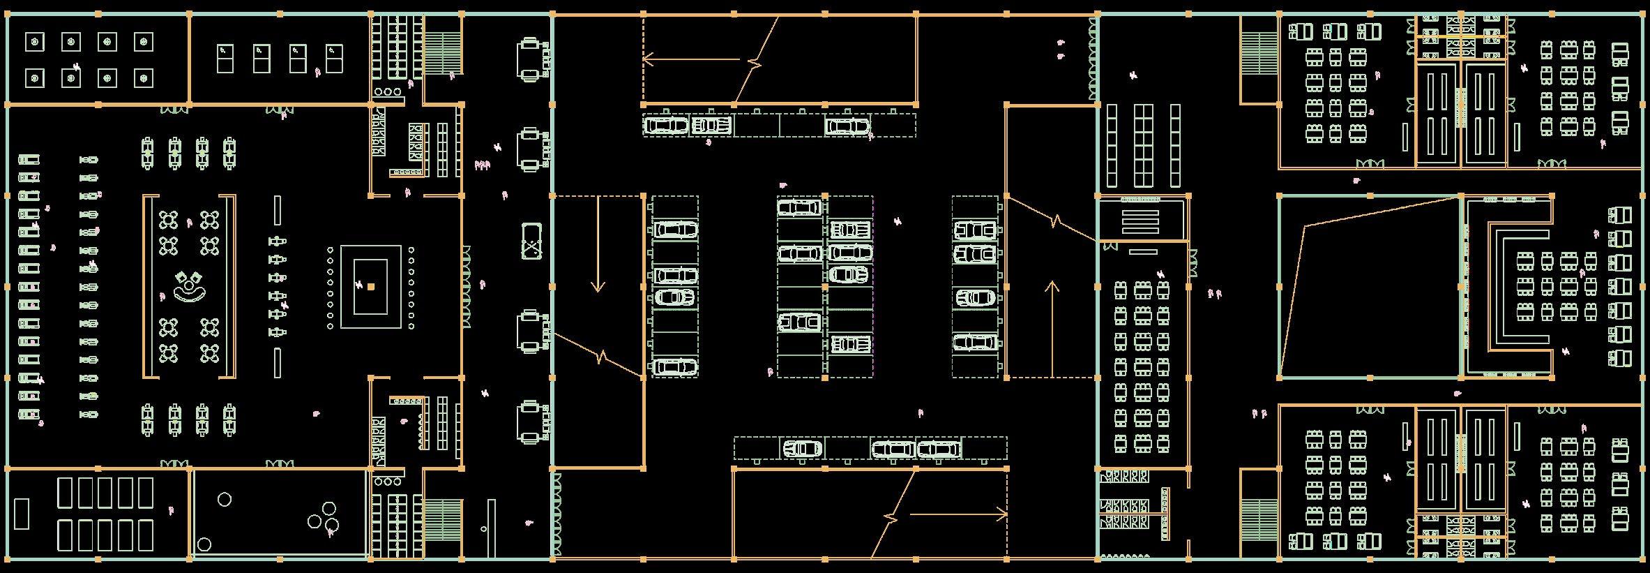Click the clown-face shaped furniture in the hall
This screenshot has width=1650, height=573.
pyautogui.click(x=189, y=286)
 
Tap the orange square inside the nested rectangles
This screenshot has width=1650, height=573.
pyautogui.click(x=371, y=286)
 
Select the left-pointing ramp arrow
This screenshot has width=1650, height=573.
pyautogui.click(x=690, y=59)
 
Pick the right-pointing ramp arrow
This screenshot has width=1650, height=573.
pyautogui.click(x=959, y=515)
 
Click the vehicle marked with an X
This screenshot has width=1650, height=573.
pyautogui.click(x=531, y=241)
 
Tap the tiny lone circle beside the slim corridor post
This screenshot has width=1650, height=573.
pyautogui.click(x=484, y=529)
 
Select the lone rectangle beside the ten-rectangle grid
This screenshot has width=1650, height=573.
pyautogui.click(x=22, y=513)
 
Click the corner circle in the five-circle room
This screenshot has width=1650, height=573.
pyautogui.click(x=204, y=544)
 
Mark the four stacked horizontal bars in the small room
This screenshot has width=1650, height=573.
pyautogui.click(x=1140, y=221)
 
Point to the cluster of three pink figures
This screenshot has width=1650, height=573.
pyautogui.click(x=482, y=165)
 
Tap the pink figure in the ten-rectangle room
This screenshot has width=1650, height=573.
pyautogui.click(x=171, y=511)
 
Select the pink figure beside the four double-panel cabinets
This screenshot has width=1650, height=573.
pyautogui.click(x=318, y=72)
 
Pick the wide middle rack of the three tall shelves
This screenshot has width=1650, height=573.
pyautogui.click(x=1143, y=145)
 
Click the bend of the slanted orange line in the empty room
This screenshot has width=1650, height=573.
pyautogui.click(x=1303, y=226)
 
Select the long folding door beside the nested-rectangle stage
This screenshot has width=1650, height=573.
pyautogui.click(x=466, y=286)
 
